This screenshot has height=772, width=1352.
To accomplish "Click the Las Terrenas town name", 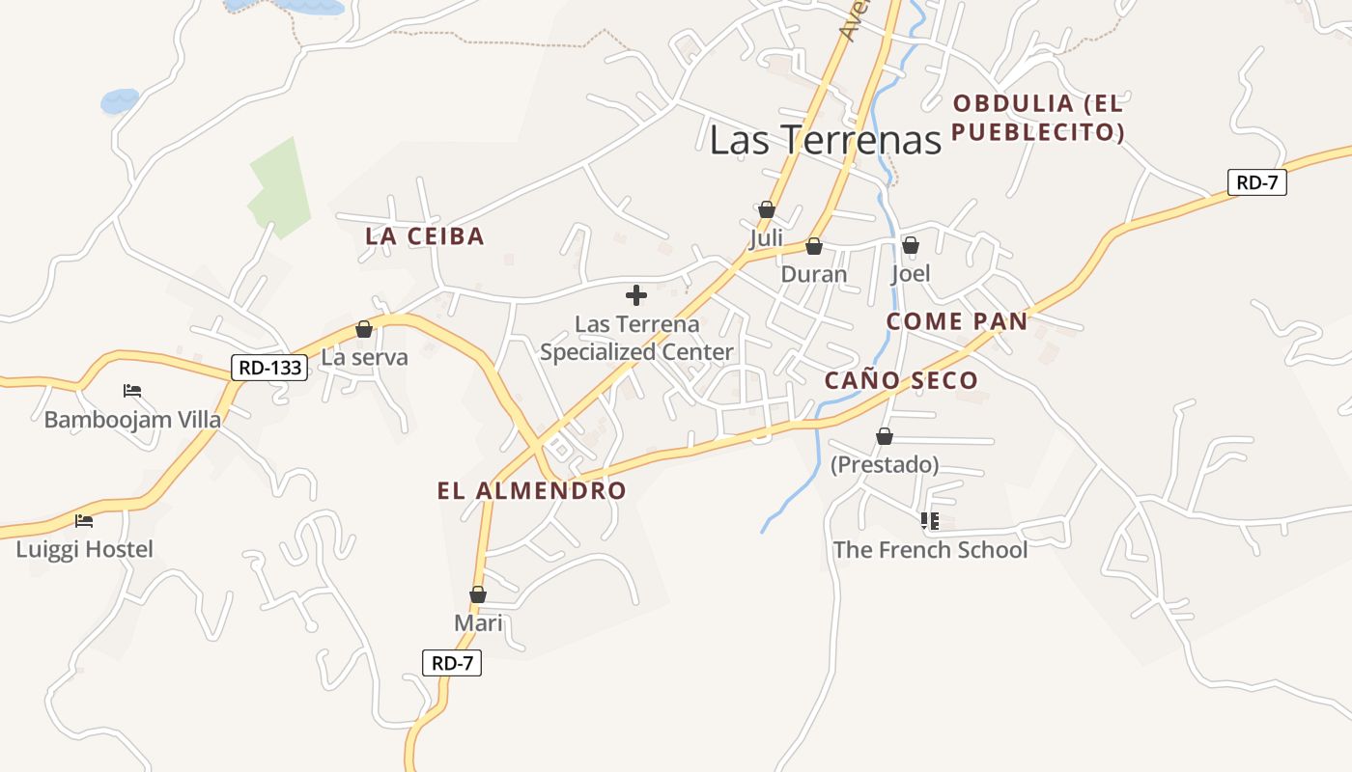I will click(x=825, y=140).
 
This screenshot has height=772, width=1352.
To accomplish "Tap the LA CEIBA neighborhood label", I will click(x=425, y=236).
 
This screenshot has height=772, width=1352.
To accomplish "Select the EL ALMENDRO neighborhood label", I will click(x=531, y=490).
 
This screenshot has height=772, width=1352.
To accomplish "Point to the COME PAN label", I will click(x=957, y=321).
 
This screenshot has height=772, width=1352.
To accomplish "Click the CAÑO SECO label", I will click(x=901, y=380).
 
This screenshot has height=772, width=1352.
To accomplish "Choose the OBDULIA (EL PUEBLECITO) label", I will click(x=1038, y=118).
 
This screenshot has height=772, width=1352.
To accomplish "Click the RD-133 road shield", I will click(x=269, y=367).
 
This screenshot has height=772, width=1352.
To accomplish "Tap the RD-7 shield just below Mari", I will click(x=452, y=663).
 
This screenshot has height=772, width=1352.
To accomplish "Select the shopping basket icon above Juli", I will click(x=767, y=209).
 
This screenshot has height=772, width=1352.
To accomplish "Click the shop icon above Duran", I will click(x=814, y=246).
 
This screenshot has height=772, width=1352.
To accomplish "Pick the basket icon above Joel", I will click(x=911, y=245).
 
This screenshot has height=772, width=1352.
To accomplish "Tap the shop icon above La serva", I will click(x=364, y=329).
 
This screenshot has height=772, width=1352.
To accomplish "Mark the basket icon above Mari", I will click(x=478, y=594).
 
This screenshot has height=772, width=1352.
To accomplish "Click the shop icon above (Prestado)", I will click(x=885, y=436).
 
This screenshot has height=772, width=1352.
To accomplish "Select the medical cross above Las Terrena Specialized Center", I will click(x=636, y=295).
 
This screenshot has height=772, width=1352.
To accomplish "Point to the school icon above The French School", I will click(x=930, y=521).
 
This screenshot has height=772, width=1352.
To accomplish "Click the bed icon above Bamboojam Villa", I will click(x=132, y=391).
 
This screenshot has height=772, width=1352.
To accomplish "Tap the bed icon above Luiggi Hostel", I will click(x=84, y=521).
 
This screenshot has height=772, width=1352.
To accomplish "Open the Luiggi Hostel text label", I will click(x=85, y=550).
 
